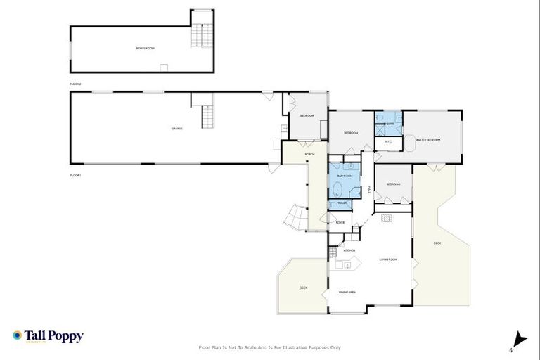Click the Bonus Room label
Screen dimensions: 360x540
coord(145,49)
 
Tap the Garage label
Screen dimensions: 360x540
coord(177,129)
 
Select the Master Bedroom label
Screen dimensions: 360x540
coord(427,140)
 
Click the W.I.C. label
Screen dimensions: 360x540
coord(387,141)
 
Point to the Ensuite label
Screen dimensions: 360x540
coord(387,123)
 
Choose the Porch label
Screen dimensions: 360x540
coord(309,155)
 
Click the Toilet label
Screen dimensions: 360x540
coord(342,203)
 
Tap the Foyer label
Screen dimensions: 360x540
coord(340,222)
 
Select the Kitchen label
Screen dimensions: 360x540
coord(349,250)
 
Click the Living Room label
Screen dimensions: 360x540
coord(389,259)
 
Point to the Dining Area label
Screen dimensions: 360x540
coord(347,292)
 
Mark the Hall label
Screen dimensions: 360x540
coord(368,190)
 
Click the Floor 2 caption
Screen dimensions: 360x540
coord(76,84)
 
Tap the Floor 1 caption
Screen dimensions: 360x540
coord(76,174)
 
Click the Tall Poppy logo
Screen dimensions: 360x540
coord(48,336)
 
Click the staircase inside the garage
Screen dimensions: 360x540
coord(207,117)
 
